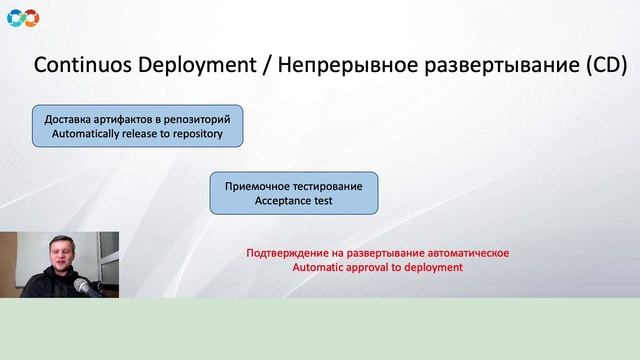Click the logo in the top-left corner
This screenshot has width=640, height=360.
pyautogui.click(x=22, y=16)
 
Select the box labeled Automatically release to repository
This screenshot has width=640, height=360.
pyautogui.click(x=137, y=125)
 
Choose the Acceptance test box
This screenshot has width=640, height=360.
pyautogui.click(x=294, y=193)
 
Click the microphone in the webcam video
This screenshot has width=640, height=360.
pyautogui.click(x=96, y=286)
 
